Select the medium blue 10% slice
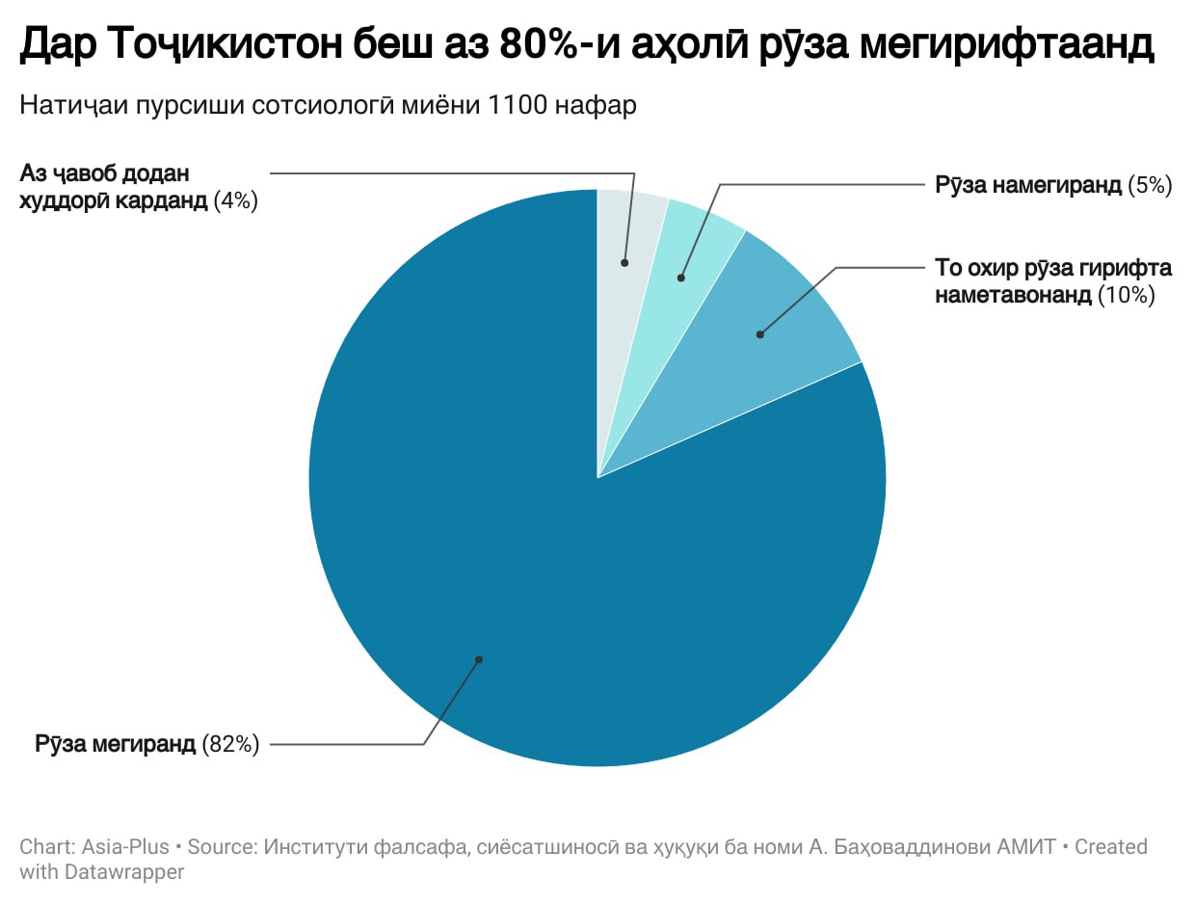[x=771, y=328]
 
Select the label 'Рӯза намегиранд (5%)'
[x=1053, y=185]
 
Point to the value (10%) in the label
[x=1126, y=295]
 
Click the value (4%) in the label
[x=236, y=201]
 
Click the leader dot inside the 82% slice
[x=478, y=660]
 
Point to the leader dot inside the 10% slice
[x=760, y=334]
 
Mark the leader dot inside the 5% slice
[x=680, y=278]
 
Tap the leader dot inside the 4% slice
[x=624, y=262]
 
